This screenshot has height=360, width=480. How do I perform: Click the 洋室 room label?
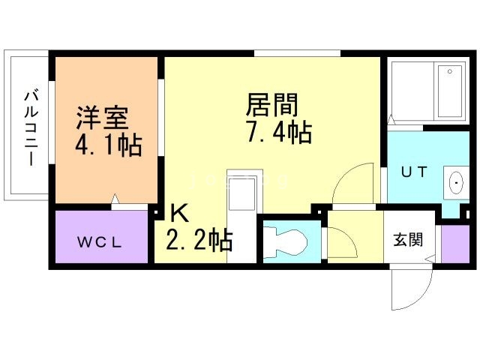click(x=102, y=118)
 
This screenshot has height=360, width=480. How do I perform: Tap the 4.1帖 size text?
click(x=108, y=145)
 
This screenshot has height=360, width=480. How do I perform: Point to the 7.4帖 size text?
click(x=277, y=132)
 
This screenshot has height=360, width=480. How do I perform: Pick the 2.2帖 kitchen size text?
click(x=199, y=240)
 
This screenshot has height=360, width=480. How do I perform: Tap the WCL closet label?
click(x=101, y=242)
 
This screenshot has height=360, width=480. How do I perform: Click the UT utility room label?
click(x=413, y=172)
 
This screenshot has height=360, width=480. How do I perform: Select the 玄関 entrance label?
click(x=409, y=240)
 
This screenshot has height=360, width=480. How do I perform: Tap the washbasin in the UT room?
click(x=456, y=181)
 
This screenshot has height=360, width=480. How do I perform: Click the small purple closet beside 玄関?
click(x=453, y=244)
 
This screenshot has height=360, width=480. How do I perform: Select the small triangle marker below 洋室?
click(x=114, y=199)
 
